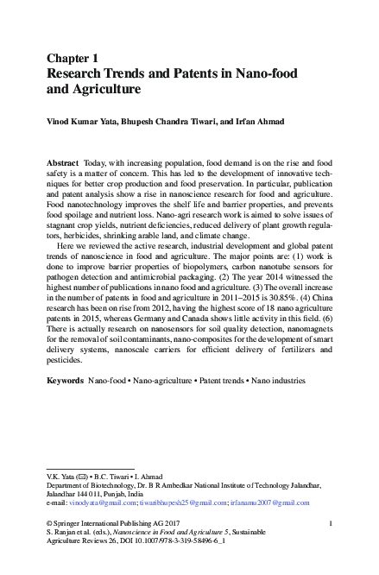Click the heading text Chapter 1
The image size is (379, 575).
[73, 58]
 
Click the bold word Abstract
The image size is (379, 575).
[61, 163]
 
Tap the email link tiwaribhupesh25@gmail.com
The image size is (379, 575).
[185, 502]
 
